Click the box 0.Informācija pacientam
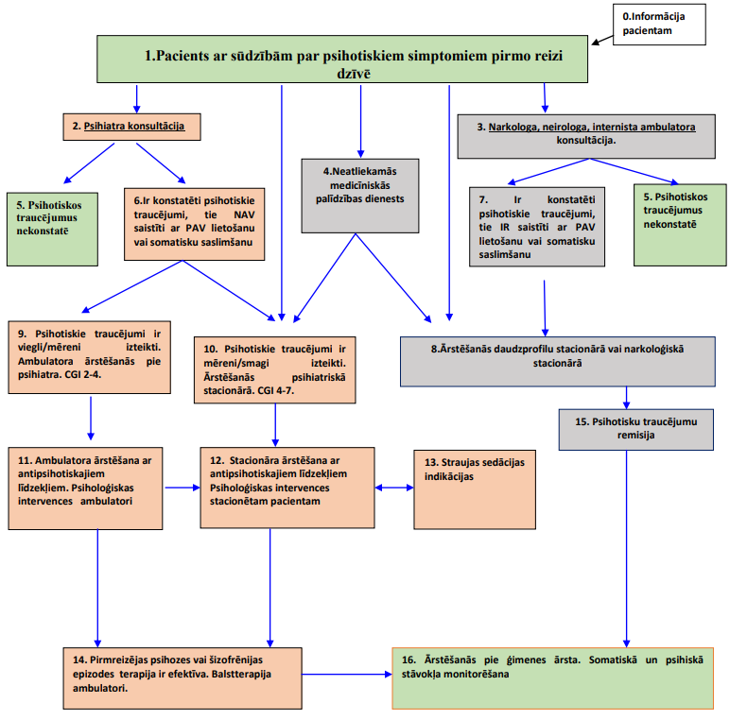659,25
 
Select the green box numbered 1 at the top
342,60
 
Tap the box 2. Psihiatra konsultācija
131,127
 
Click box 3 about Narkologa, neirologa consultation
586,136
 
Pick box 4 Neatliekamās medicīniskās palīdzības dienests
360,196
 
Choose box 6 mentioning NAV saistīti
194,224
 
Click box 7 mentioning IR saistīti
537,227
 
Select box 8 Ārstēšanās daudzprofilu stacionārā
557,361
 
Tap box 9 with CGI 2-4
90,357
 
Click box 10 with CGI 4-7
274,369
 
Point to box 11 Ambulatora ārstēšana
85,489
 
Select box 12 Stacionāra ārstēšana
287,488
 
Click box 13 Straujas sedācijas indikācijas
475,489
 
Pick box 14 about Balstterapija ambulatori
182,678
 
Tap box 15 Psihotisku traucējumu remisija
636,429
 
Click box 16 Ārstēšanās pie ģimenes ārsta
552,678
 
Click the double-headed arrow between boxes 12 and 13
394,488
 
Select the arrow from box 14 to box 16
347,674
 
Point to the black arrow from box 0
602,40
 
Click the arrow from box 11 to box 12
182,488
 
